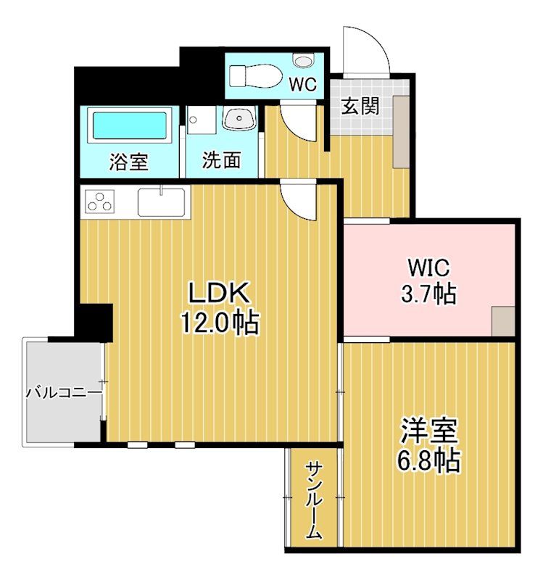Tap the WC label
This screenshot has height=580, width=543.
pyautogui.click(x=303, y=84)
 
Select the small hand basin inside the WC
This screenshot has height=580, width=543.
pyautogui.click(x=302, y=60)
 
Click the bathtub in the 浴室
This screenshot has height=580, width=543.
pyautogui.click(x=130, y=125)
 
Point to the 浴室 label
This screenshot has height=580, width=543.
pyautogui.click(x=129, y=162)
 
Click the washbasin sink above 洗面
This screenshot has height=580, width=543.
pyautogui.click(x=239, y=117)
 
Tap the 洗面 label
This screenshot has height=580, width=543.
pyautogui.click(x=222, y=160)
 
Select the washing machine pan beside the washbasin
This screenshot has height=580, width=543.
pyautogui.click(x=201, y=120)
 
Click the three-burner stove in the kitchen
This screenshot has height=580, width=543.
pyautogui.click(x=100, y=202)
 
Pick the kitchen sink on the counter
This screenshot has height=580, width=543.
pyautogui.click(x=161, y=202)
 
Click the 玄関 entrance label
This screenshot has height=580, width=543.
pyautogui.click(x=360, y=106)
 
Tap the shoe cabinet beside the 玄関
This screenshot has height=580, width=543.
pyautogui.click(x=401, y=132)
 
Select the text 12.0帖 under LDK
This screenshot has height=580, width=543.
pyautogui.click(x=220, y=323)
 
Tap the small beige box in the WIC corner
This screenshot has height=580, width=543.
pyautogui.click(x=503, y=321)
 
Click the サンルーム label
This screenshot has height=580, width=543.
pyautogui.click(x=314, y=501)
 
